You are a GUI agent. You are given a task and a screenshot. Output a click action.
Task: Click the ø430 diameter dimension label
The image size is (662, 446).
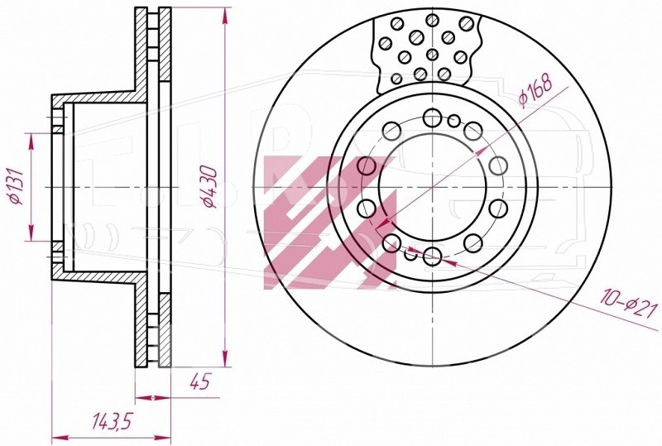pos(210,187)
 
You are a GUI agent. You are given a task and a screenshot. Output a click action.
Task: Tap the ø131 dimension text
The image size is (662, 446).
pos(16,186)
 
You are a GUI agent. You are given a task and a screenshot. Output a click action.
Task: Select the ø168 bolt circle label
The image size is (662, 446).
pos(535,89)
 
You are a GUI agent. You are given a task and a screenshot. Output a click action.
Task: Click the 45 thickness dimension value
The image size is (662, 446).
pos(199,382)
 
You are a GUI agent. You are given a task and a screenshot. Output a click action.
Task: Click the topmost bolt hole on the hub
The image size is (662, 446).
pos(432,117)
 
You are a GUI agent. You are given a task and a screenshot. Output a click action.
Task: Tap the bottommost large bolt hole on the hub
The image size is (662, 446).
pos(432,256)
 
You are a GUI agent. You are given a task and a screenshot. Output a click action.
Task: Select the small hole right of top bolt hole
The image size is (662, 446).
pos(453,121)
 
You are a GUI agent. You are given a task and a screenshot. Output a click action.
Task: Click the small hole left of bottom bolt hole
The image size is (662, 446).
pos(410,254)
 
